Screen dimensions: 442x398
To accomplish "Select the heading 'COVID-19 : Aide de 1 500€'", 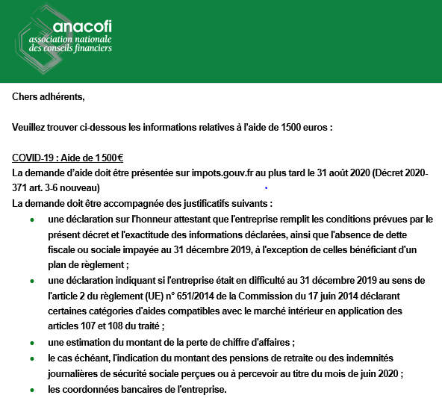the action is click(68, 158).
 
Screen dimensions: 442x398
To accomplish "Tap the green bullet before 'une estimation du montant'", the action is click(31, 343).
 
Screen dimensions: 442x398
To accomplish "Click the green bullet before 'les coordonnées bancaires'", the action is click(31, 390).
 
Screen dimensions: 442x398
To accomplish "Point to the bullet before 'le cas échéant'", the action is click(31, 359).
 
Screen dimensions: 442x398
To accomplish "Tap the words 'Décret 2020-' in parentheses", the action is click(403, 172).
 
